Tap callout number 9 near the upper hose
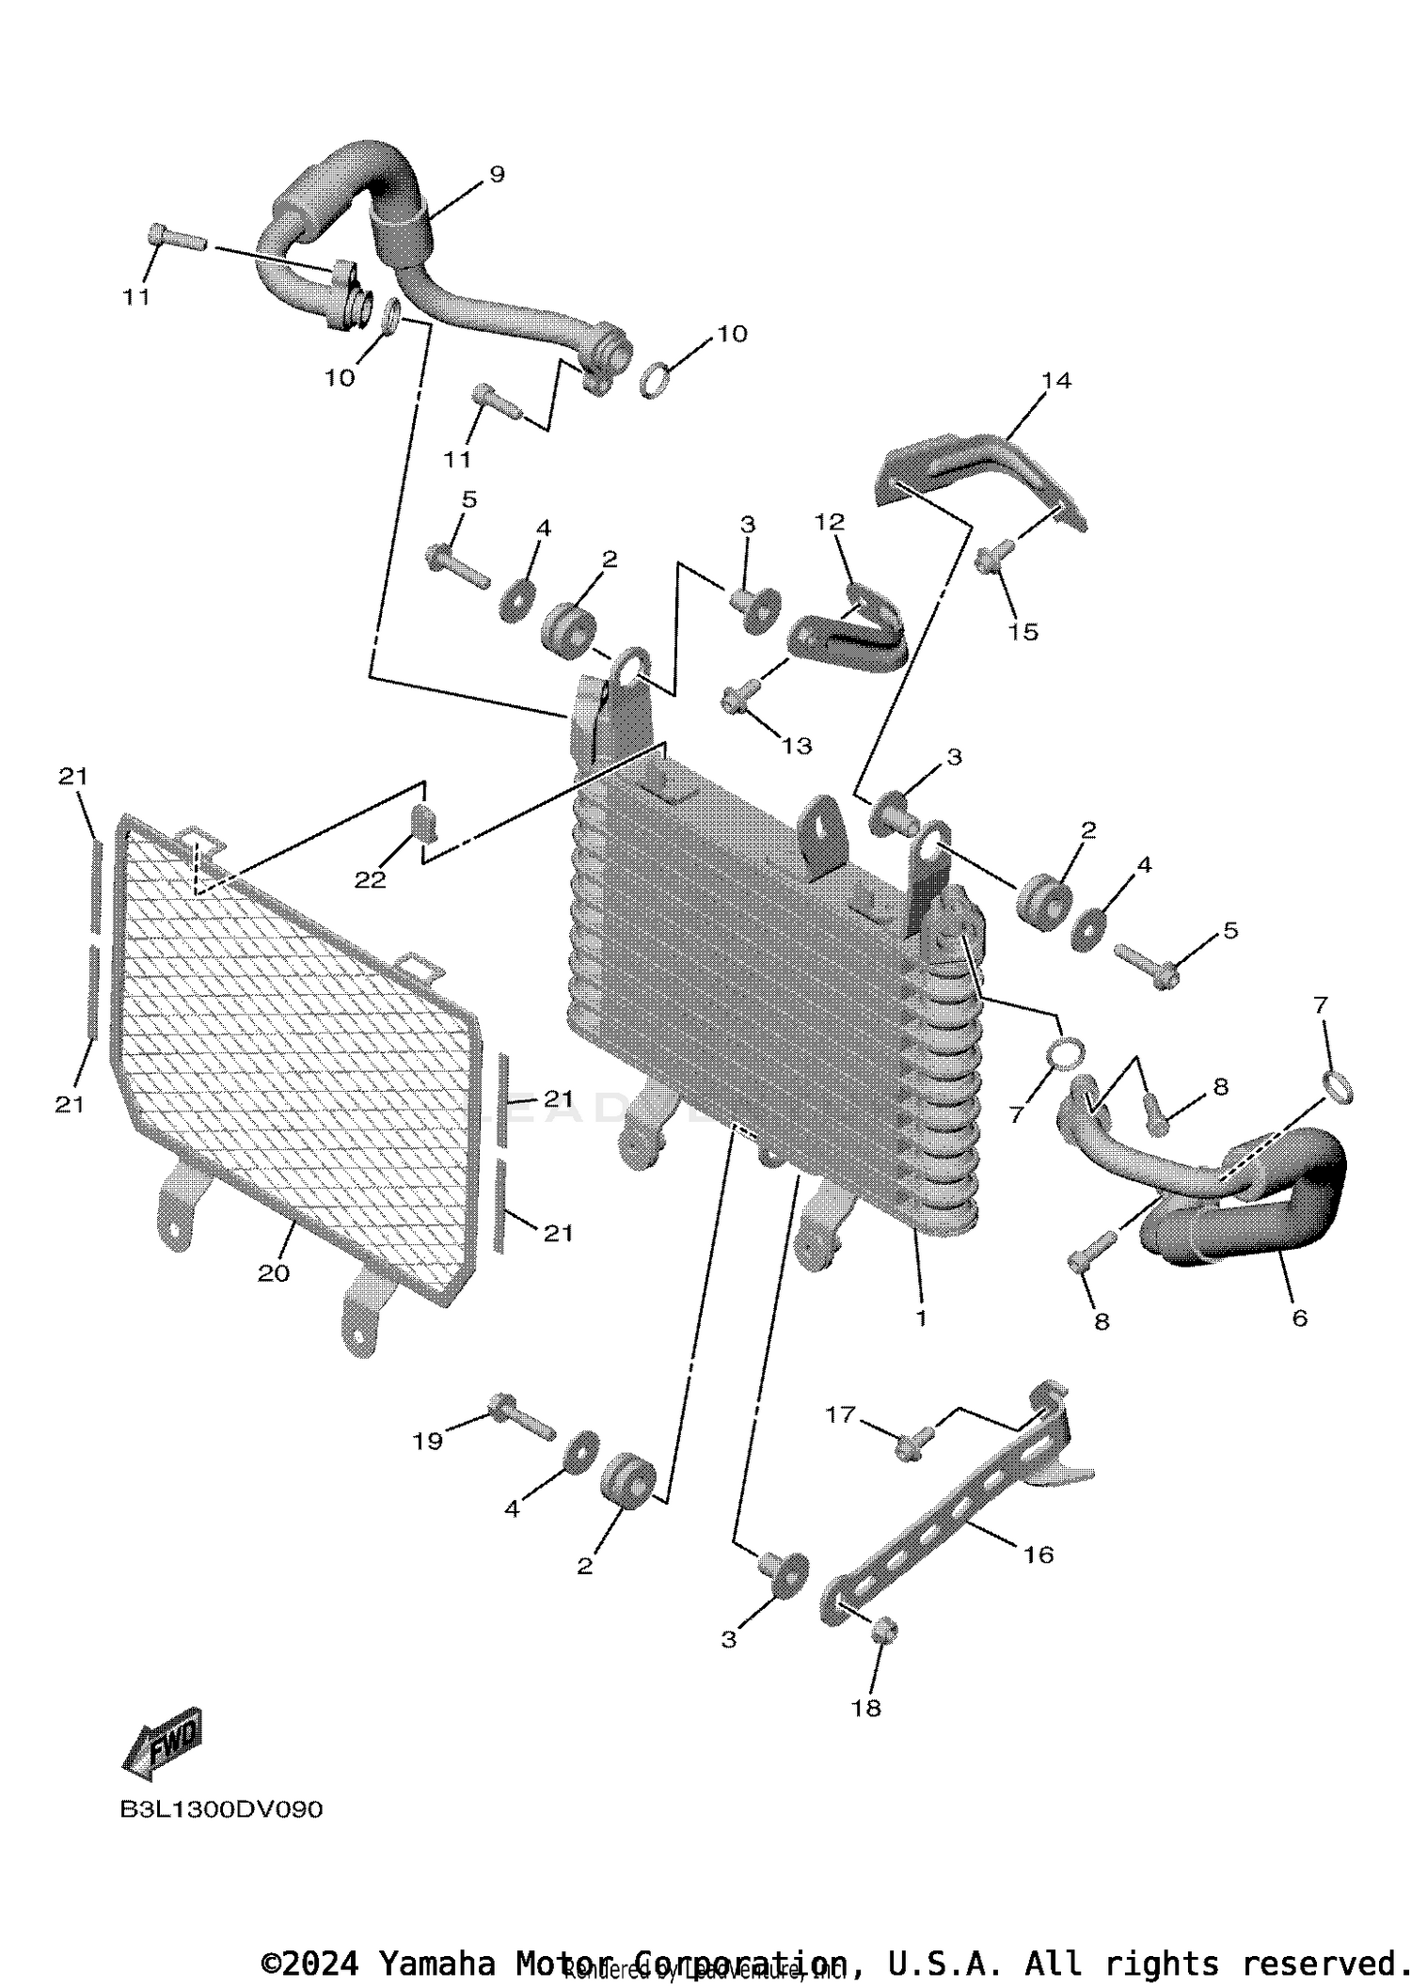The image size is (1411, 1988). (x=497, y=174)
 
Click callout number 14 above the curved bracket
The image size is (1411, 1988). (x=1056, y=381)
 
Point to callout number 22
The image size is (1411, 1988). (x=370, y=880)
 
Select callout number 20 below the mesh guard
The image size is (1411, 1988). (x=274, y=1273)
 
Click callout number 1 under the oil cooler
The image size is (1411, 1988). (x=921, y=1318)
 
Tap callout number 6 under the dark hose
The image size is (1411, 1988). (x=1299, y=1318)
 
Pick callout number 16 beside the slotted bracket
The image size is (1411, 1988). (x=1038, y=1554)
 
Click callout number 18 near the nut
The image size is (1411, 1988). (x=866, y=1708)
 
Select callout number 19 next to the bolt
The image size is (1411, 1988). (x=428, y=1441)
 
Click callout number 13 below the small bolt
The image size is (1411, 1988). (x=797, y=746)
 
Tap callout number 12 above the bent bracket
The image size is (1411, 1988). (x=830, y=522)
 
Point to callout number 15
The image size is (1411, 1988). (x=1023, y=632)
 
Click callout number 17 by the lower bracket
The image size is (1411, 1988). (x=841, y=1413)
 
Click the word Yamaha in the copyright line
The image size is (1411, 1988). (x=436, y=1964)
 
